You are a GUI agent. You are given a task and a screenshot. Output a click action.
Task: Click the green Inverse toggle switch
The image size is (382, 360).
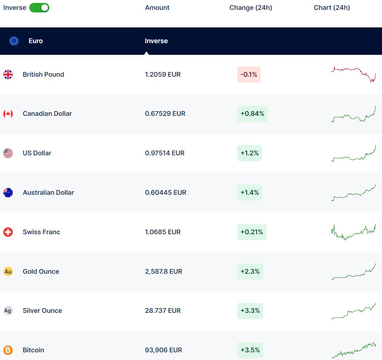point(39,8)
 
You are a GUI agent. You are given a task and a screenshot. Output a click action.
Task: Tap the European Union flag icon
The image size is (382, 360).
point(14,41)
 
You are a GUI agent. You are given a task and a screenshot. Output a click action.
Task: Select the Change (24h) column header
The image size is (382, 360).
point(250,8)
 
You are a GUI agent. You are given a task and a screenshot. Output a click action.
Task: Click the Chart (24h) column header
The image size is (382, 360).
point(332,8)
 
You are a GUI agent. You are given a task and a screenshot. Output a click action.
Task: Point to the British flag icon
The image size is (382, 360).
point(8,75)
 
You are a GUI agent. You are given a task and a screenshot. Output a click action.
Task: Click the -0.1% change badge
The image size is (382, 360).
point(249,75)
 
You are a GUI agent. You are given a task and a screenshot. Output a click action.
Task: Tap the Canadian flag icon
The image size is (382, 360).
point(8,114)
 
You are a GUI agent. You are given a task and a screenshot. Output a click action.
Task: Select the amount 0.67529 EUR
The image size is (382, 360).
point(165,114)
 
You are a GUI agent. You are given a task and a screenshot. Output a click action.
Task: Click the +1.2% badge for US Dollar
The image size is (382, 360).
point(249,153)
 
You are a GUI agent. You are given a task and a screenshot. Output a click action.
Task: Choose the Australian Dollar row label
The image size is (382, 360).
point(48,193)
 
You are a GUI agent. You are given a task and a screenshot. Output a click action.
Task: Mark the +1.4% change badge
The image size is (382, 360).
point(249,193)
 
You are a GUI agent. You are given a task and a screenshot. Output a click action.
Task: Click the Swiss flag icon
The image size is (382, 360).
point(8,232)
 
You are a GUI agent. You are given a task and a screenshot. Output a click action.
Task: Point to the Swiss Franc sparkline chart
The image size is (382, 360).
point(353,232)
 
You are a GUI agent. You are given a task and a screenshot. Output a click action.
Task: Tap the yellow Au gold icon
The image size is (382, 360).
point(8,272)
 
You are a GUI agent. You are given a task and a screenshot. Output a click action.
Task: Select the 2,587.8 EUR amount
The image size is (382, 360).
point(163,272)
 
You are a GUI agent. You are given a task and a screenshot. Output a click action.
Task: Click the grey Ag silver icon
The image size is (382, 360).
point(8,311)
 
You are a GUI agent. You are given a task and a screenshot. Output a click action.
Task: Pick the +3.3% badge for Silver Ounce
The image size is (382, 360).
point(250,311)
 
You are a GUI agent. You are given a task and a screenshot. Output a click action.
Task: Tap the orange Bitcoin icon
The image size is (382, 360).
point(8,350)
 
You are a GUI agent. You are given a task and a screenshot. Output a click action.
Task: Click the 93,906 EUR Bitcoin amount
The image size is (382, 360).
point(163,350)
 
